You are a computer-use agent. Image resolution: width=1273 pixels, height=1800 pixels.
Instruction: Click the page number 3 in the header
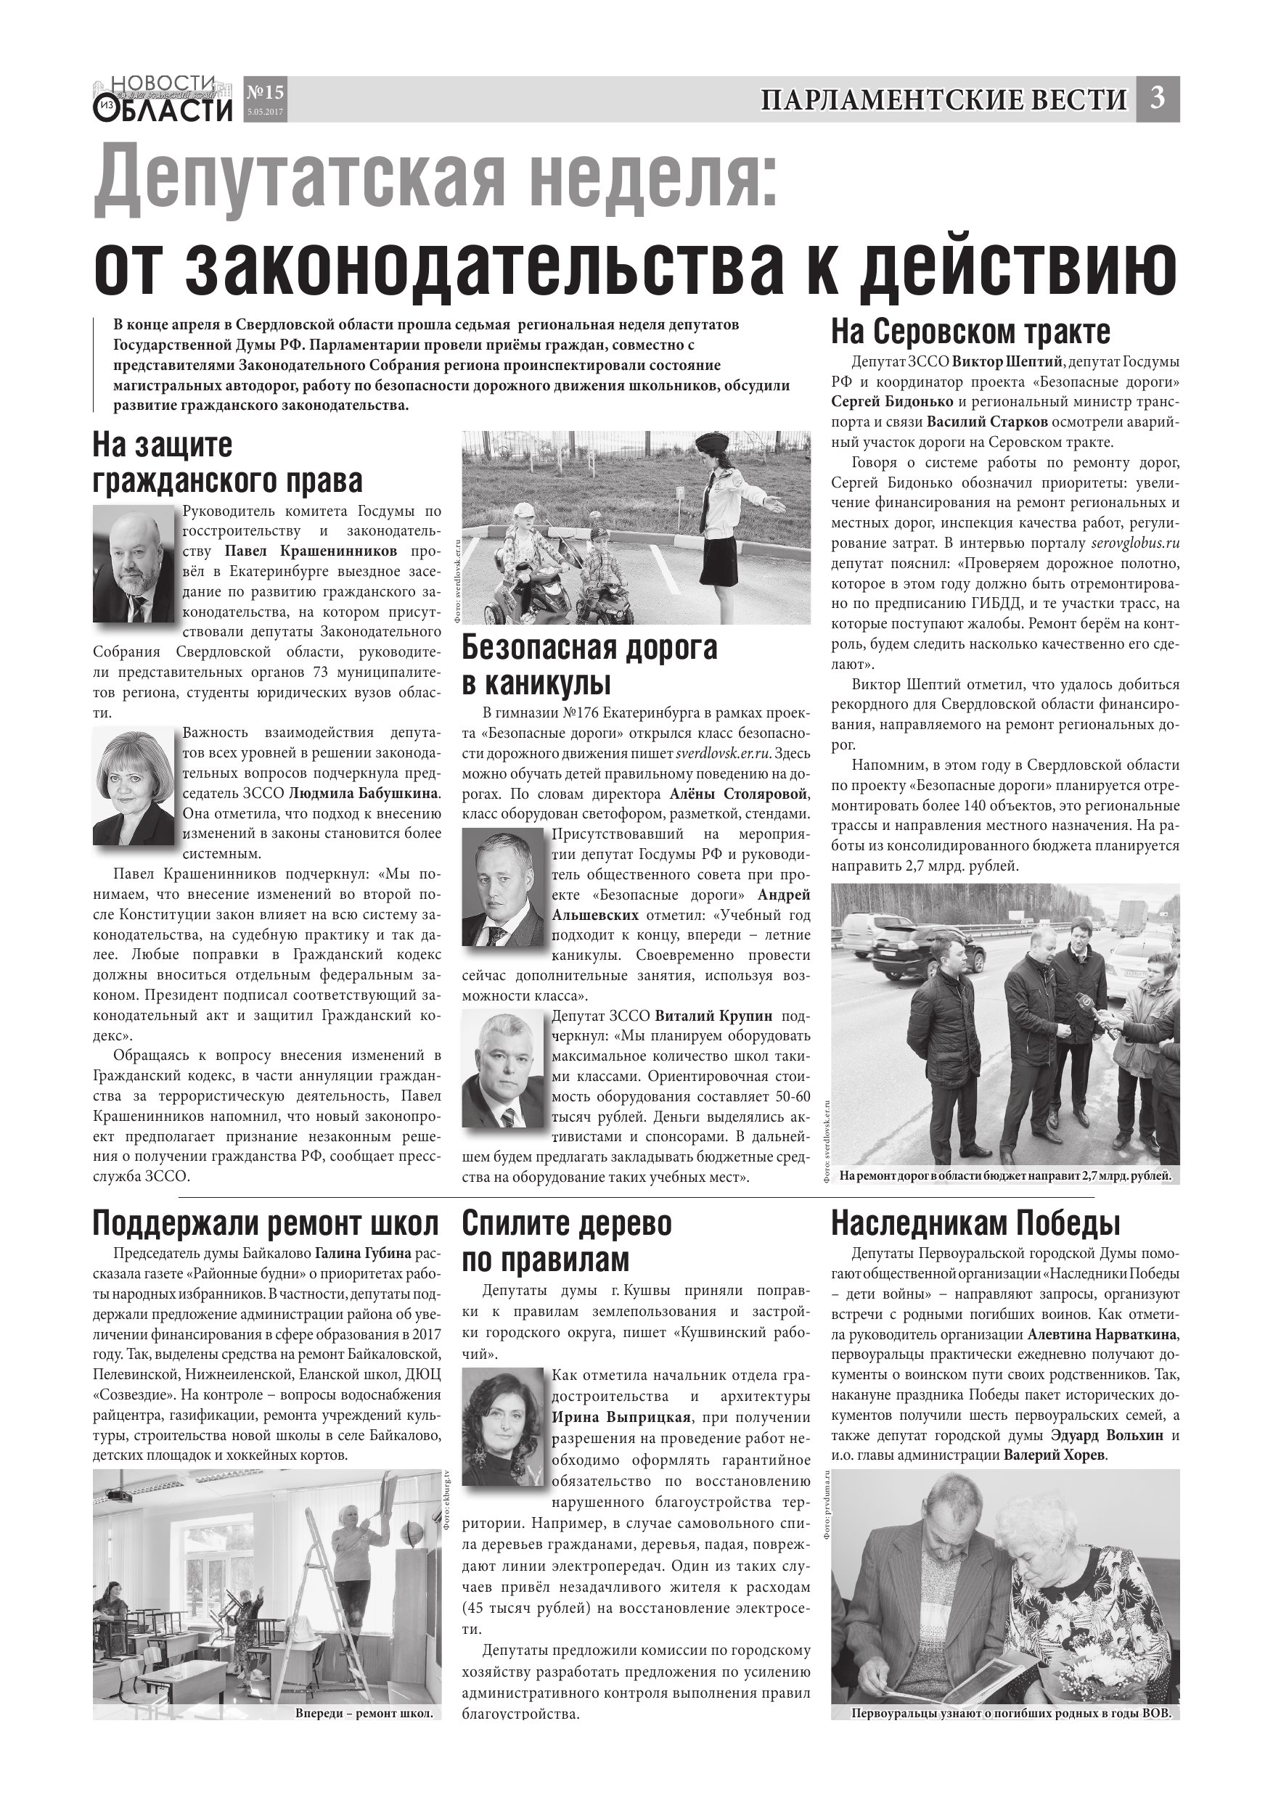pos(1158,99)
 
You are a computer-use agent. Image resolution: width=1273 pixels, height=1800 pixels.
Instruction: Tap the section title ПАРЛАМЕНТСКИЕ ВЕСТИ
pos(943,100)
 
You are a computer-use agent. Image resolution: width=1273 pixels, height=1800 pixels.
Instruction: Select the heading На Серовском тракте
pos(970,332)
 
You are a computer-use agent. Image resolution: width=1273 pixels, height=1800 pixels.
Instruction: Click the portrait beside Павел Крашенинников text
pos(134,563)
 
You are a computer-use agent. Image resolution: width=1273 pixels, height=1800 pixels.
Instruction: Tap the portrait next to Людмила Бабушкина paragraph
pos(134,786)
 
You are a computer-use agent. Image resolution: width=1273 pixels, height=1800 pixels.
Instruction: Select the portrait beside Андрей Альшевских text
pos(502,887)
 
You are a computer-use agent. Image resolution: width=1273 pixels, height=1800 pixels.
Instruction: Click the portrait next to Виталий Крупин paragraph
pos(502,1068)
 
